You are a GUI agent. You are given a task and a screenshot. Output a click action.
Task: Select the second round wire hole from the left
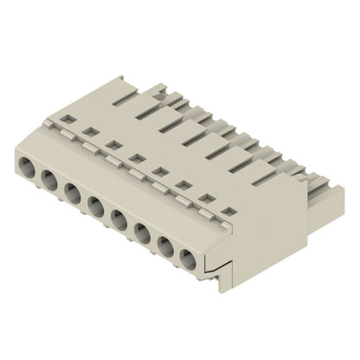pos(48,179)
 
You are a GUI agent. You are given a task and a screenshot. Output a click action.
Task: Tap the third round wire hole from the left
pos(72,193)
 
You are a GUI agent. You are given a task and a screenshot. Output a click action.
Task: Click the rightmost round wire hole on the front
pos(187,258)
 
